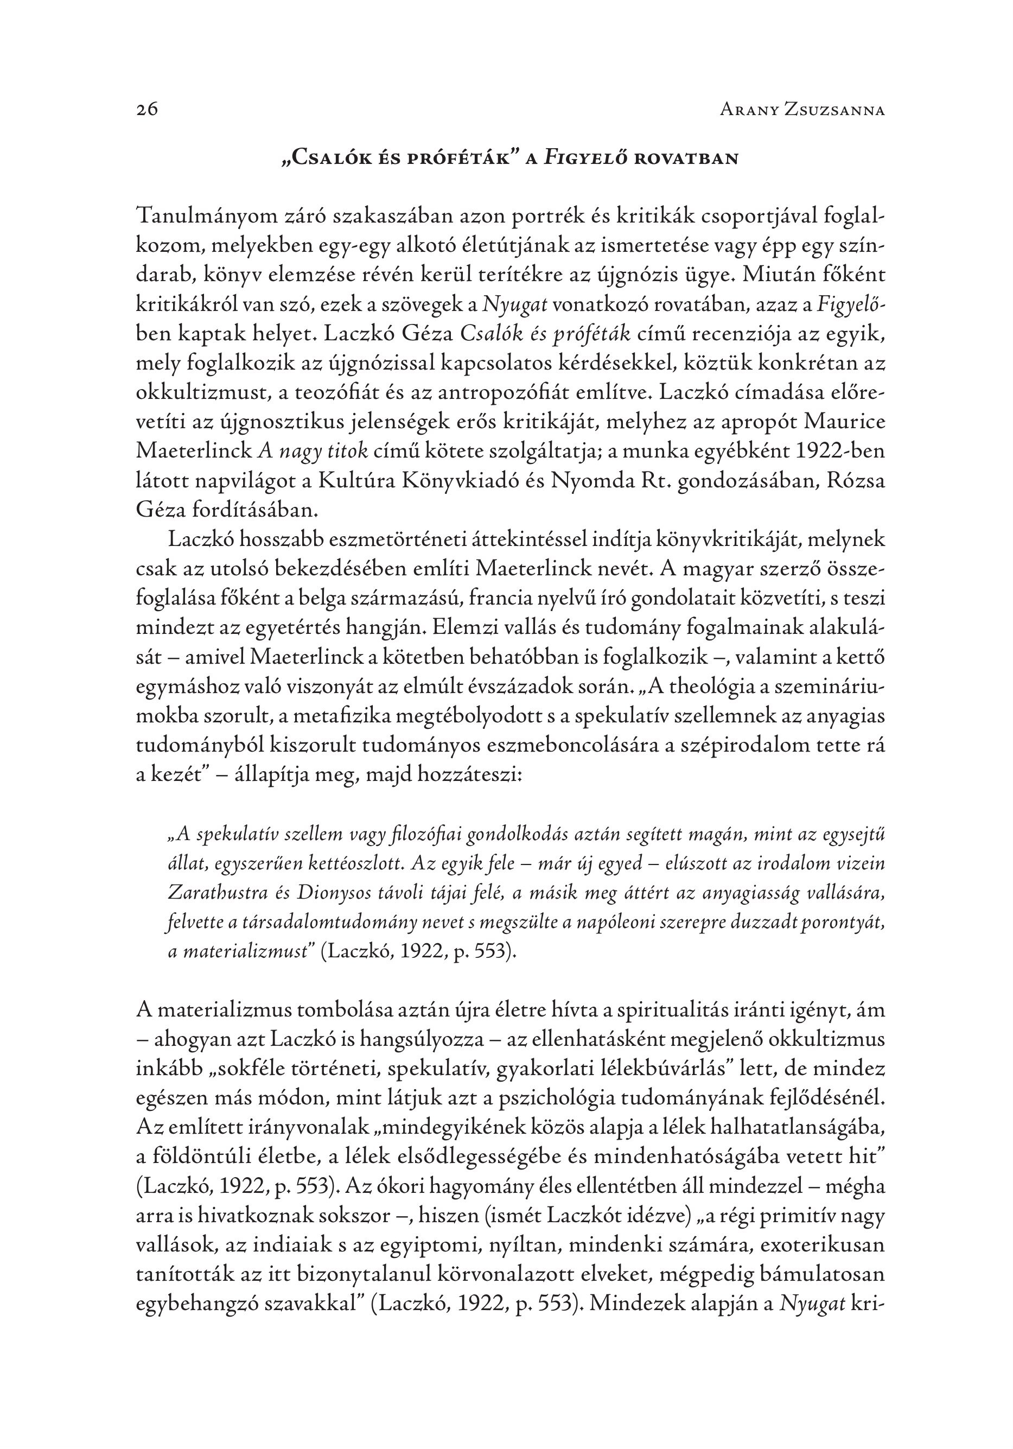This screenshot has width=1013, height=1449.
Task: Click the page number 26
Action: coord(146,110)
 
